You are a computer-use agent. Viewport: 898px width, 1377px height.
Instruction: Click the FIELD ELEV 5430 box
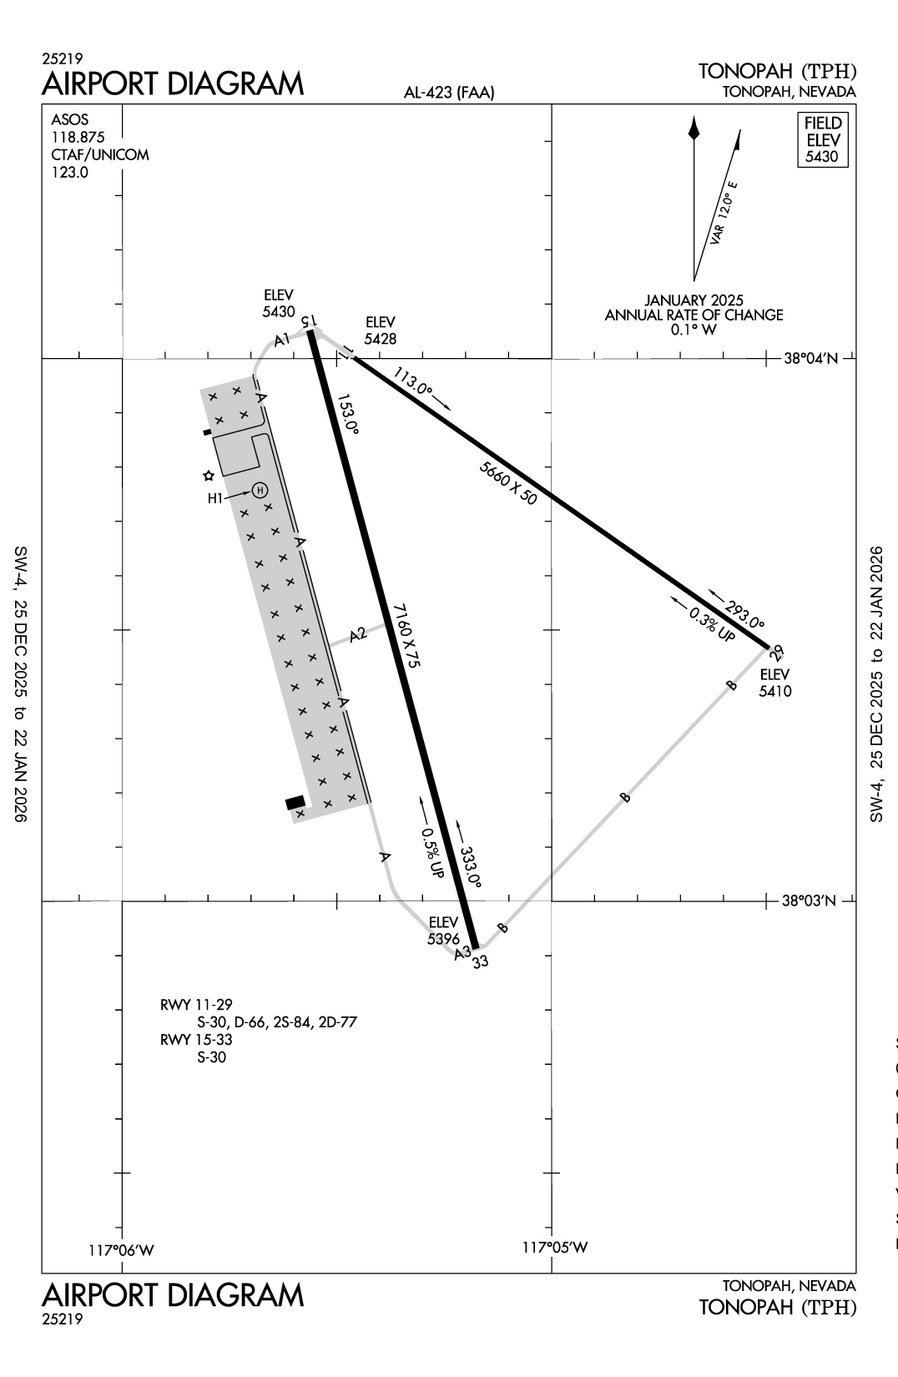(x=823, y=139)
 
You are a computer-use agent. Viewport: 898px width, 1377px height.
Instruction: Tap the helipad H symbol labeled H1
(x=260, y=490)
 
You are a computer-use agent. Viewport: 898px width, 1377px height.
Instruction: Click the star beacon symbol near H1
(x=209, y=476)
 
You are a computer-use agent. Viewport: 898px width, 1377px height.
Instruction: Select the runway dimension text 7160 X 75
(x=406, y=635)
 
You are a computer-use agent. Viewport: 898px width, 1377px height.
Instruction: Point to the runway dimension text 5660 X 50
(x=508, y=482)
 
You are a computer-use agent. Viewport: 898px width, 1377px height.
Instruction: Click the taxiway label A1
(x=282, y=339)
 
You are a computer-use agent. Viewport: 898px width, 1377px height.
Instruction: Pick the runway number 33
(x=480, y=961)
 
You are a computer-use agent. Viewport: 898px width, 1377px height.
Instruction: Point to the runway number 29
(x=778, y=652)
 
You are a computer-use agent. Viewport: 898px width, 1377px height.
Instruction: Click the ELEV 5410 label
(x=775, y=683)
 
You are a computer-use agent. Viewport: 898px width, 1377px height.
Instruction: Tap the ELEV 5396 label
(x=443, y=930)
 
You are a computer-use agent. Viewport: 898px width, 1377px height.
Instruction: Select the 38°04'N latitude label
(x=810, y=359)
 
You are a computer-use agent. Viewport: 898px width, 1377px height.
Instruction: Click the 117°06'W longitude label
(x=122, y=1249)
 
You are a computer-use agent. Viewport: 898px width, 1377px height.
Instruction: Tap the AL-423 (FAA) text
(x=448, y=93)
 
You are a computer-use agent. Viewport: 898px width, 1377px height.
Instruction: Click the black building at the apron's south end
(x=295, y=803)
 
